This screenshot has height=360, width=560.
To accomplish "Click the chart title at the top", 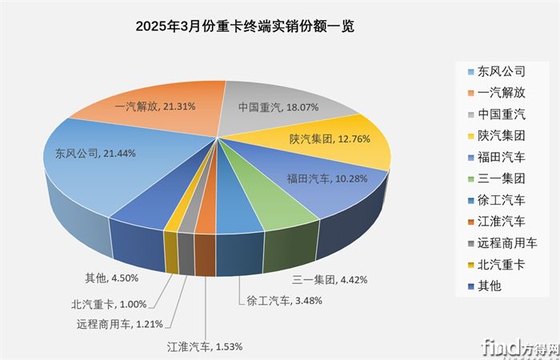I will pyautogui.click(x=245, y=26).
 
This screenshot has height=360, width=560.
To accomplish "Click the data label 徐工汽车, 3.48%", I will pyautogui.click(x=278, y=302).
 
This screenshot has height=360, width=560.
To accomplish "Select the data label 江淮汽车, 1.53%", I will pyautogui.click(x=204, y=346).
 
